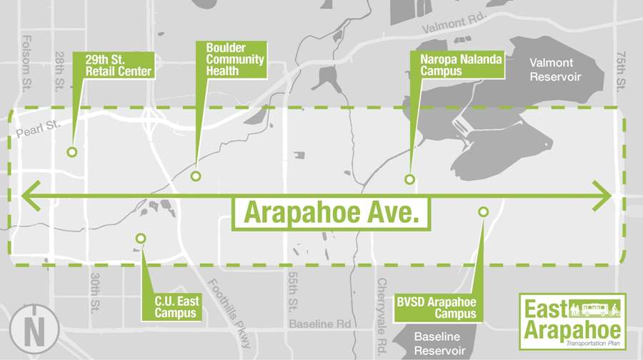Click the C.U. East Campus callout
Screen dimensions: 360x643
(176, 306)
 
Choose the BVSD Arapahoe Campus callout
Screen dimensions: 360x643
(436, 308)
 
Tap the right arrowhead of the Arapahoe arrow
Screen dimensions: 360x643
(605, 194)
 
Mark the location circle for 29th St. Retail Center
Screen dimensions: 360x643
(71, 152)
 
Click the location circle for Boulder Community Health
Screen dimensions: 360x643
(196, 176)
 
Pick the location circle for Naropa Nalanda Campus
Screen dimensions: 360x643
(409, 179)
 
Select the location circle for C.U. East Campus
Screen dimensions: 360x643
(141, 239)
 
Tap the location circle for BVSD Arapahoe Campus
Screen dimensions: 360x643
(483, 211)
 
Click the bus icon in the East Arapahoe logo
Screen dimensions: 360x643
(595, 309)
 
